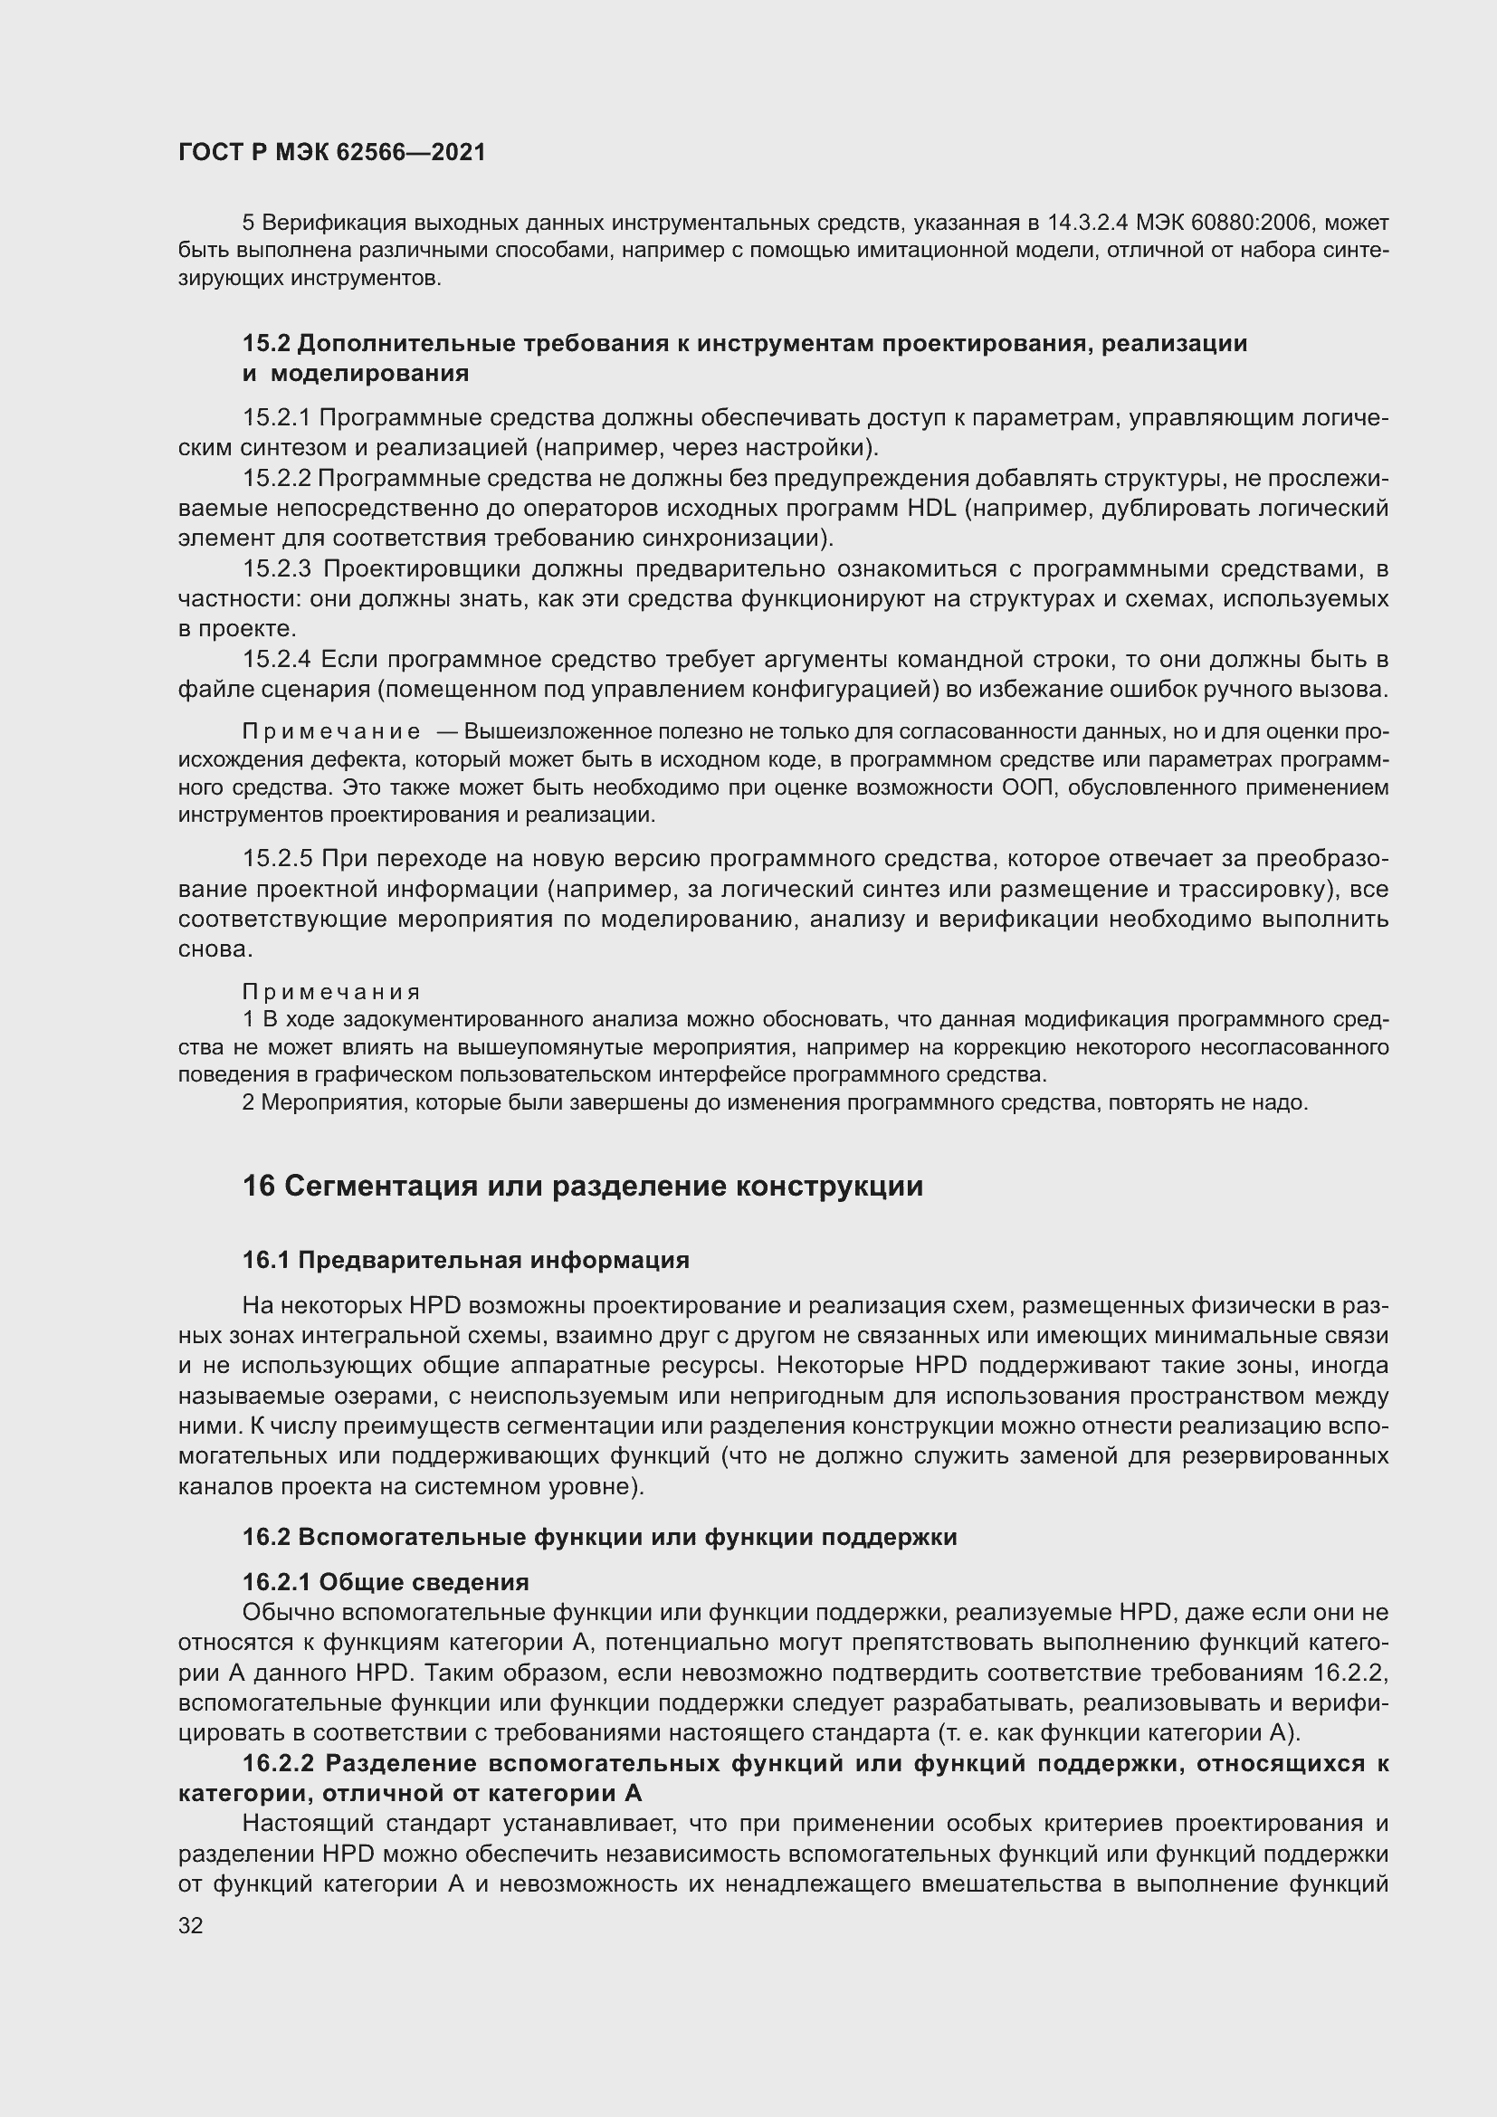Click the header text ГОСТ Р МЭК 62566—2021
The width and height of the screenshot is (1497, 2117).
tap(332, 153)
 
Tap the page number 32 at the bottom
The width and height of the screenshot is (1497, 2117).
tap(191, 1925)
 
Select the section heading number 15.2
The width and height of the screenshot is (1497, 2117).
tap(266, 344)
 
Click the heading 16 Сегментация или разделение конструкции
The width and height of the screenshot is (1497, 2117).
tap(582, 1186)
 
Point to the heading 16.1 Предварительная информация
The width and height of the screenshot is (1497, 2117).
tap(465, 1260)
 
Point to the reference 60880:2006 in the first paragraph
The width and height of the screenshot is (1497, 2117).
tap(1243, 224)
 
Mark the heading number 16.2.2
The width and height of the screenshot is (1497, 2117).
tap(279, 1763)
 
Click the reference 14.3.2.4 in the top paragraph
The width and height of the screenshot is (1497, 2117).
tap(1089, 224)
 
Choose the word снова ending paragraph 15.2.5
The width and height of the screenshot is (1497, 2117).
tap(212, 949)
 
